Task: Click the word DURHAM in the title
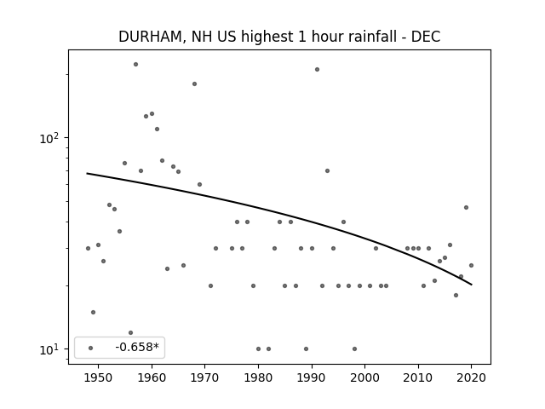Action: (x=151, y=37)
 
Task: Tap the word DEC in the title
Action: (x=426, y=37)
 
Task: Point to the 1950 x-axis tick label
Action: (x=99, y=377)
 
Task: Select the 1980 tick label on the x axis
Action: (x=258, y=377)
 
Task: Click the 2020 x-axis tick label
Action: (x=471, y=377)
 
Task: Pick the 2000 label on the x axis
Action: (x=365, y=377)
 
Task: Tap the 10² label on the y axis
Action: (x=49, y=138)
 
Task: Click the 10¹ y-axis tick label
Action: (x=49, y=349)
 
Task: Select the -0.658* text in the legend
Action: (x=137, y=347)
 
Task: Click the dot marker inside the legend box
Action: (x=91, y=348)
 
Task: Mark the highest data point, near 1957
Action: (x=135, y=65)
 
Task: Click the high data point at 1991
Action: (x=317, y=70)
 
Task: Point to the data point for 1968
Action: (x=194, y=84)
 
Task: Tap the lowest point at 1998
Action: (x=354, y=349)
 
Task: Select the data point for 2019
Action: (x=466, y=208)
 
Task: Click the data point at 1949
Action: (x=93, y=313)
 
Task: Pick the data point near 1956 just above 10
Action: (x=130, y=333)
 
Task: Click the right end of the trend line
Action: (x=472, y=285)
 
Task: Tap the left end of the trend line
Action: (x=87, y=173)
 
